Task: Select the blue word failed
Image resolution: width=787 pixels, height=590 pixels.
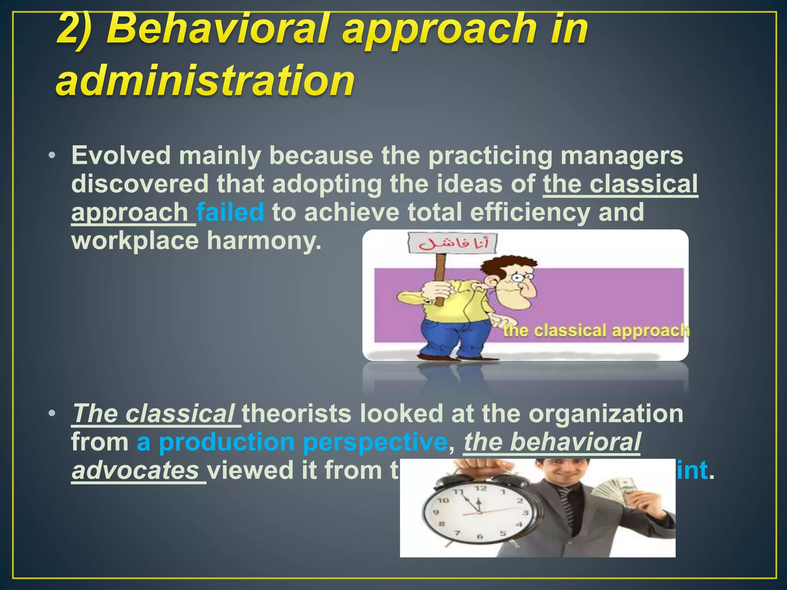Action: point(230,212)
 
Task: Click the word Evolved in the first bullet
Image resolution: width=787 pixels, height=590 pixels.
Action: point(121,156)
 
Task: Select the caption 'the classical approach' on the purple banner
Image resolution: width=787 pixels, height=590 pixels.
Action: point(596,331)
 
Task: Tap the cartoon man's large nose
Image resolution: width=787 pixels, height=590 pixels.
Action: point(529,290)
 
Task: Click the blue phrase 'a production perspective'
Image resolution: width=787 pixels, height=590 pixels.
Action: point(292,442)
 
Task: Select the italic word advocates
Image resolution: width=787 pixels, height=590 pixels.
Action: point(135,471)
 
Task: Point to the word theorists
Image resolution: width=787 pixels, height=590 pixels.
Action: point(296,414)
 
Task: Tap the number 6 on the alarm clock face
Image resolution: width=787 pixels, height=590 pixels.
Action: point(479,536)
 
